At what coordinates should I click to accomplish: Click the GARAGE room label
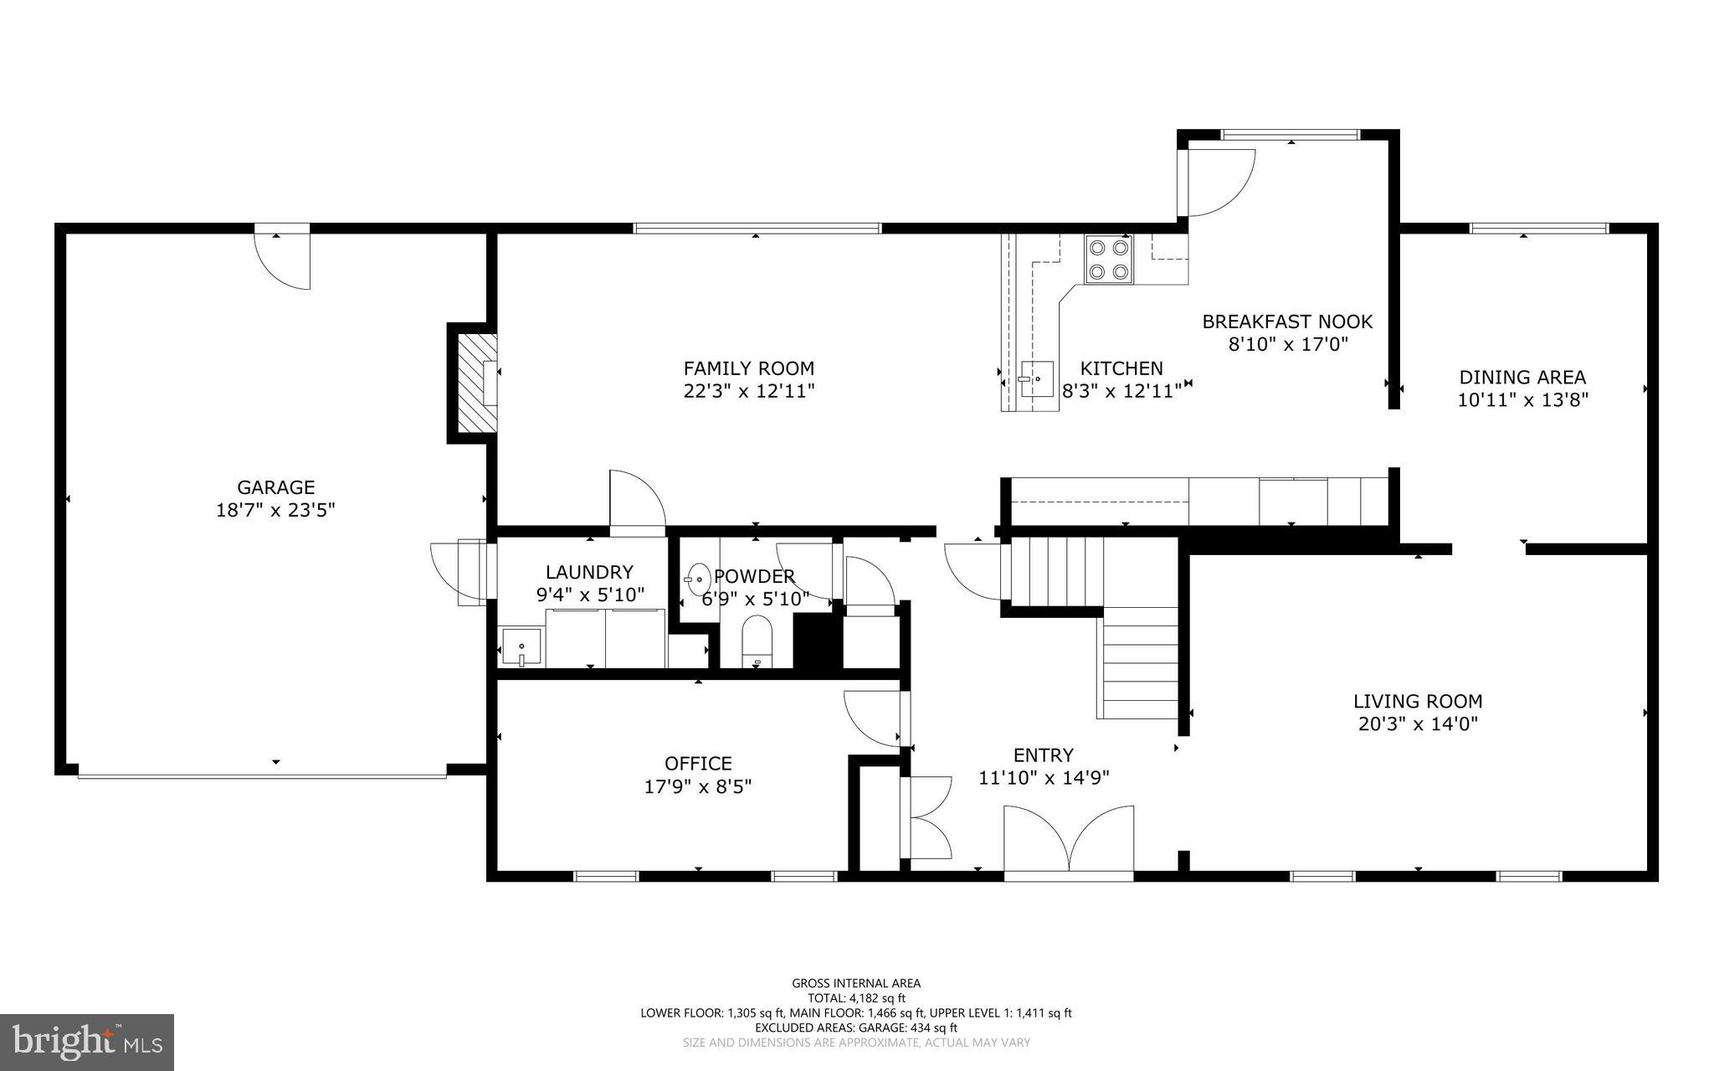(x=275, y=487)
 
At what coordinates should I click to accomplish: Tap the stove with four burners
(x=1109, y=259)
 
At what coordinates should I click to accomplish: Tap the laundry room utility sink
(x=521, y=647)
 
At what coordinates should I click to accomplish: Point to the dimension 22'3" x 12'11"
(x=748, y=391)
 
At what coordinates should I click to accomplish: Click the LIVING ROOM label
(x=1418, y=702)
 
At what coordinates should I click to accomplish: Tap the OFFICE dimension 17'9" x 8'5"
(x=698, y=786)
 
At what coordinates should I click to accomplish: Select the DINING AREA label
(x=1522, y=378)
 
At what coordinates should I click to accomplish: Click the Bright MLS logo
(x=87, y=1041)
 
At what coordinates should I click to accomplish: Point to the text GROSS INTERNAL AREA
(x=856, y=983)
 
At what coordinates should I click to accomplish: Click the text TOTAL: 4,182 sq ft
(x=856, y=998)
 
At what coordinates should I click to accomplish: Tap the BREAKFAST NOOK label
(x=1287, y=322)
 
